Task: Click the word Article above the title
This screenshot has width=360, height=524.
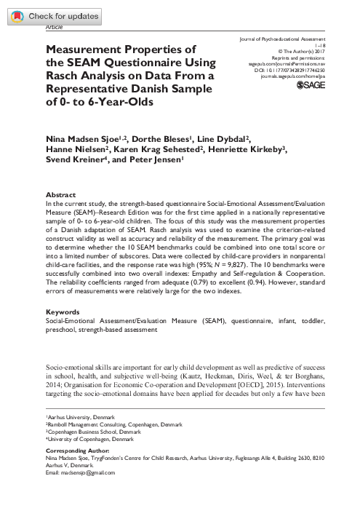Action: click(x=54, y=26)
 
